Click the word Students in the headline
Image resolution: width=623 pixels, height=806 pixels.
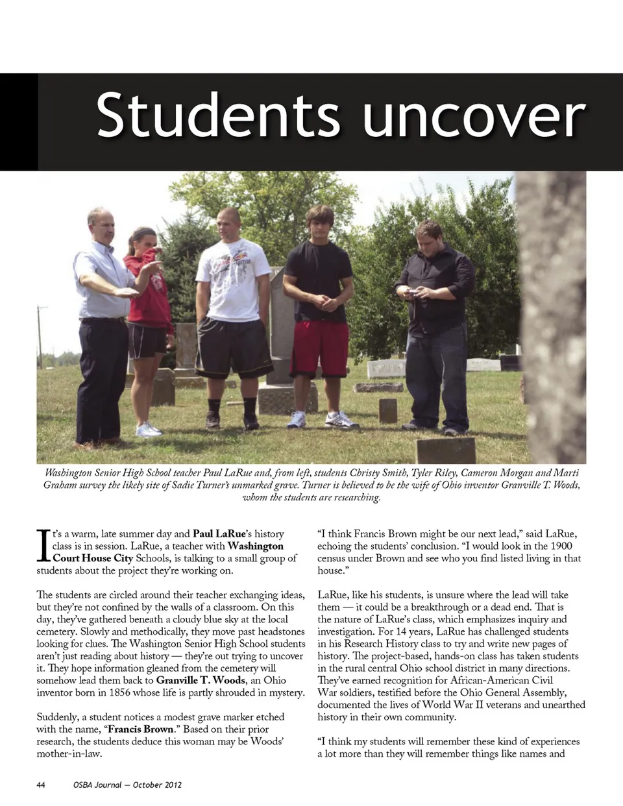click(x=217, y=116)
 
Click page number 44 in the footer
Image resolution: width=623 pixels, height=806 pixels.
click(x=41, y=785)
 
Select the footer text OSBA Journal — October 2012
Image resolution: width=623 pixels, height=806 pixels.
click(x=127, y=785)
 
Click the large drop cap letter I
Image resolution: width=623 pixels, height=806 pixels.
click(x=43, y=545)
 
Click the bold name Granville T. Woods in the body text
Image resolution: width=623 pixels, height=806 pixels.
click(x=201, y=680)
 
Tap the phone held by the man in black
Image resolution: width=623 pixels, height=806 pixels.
click(x=411, y=293)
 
